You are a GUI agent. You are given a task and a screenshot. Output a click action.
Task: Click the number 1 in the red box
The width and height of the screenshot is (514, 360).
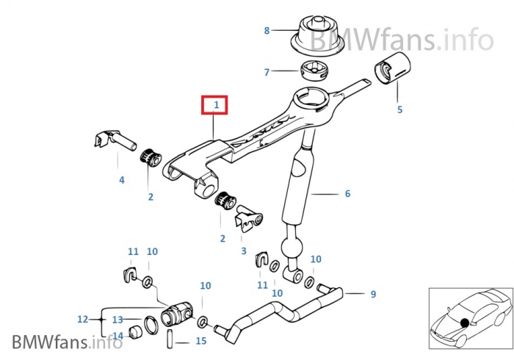217,106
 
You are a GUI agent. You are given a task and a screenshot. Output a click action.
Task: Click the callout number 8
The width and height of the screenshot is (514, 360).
267,31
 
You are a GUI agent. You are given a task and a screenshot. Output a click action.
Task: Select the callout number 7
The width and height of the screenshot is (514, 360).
267,72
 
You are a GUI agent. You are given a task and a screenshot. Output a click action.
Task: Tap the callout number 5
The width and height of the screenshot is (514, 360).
399,110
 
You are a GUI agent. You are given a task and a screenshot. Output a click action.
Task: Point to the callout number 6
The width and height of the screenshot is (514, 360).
347,194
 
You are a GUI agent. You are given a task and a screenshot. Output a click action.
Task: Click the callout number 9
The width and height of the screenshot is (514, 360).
373,295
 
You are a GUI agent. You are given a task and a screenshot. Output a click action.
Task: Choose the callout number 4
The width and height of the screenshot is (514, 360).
122,180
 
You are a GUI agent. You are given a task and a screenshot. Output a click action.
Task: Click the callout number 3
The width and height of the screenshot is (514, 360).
243,251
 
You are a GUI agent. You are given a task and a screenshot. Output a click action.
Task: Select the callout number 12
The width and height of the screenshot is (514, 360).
82,320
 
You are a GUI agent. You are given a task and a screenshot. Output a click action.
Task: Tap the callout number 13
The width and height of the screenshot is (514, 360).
117,320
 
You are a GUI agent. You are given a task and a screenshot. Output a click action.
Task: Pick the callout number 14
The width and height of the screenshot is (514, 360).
117,336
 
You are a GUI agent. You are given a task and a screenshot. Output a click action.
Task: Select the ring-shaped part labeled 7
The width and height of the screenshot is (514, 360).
314,72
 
